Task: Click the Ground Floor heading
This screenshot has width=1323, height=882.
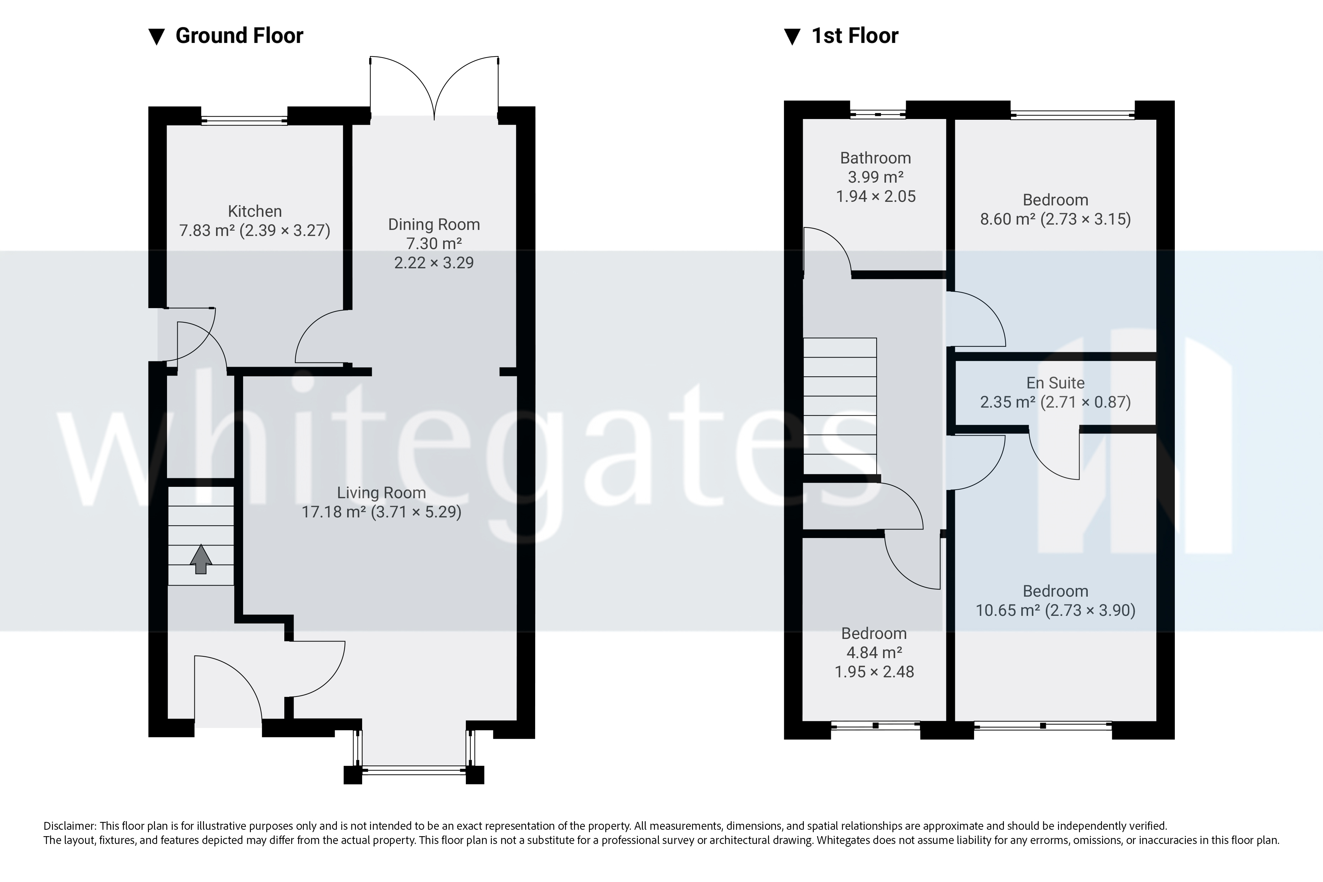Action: pos(239,36)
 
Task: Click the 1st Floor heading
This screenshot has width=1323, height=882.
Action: pos(854,36)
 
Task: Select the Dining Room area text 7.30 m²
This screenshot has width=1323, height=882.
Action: pos(434,243)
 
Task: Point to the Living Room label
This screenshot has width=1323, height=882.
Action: pos(381,493)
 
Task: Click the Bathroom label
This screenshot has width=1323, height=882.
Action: pos(875,158)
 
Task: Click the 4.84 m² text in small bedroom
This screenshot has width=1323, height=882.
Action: pos(874,652)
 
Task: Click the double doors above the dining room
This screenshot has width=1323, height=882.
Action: pos(434,90)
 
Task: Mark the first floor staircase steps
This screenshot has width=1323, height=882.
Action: pos(839,405)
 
